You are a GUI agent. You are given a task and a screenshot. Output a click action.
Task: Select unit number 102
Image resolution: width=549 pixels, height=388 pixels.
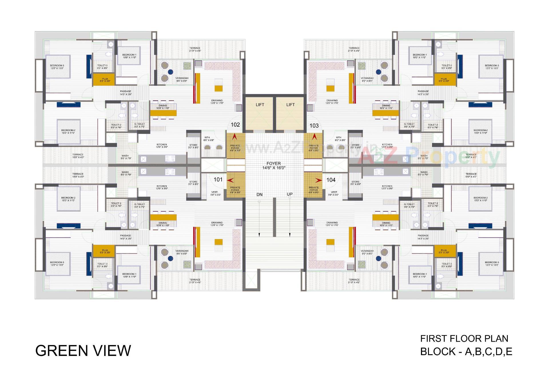(x=235, y=125)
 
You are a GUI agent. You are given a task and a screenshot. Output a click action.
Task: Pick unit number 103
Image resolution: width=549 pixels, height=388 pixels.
(x=314, y=126)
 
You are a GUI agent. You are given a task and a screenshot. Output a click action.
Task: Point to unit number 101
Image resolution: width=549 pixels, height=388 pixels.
(x=218, y=180)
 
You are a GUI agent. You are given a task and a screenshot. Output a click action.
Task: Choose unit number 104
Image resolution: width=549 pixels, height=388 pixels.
(x=331, y=180)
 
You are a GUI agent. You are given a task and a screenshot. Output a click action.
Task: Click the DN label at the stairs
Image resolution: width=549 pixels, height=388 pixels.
(x=259, y=194)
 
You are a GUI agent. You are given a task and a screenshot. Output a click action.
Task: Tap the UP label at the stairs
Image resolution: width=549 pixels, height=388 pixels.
(x=290, y=194)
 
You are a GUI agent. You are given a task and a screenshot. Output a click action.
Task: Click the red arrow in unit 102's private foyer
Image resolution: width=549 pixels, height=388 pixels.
(x=235, y=137)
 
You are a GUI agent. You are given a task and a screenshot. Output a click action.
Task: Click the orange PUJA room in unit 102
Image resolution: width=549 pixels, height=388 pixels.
(x=104, y=80)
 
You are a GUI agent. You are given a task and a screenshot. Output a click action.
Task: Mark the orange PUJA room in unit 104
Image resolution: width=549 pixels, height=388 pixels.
(x=445, y=251)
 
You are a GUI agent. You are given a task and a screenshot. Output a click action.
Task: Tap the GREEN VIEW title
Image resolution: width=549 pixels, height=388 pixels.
(x=83, y=351)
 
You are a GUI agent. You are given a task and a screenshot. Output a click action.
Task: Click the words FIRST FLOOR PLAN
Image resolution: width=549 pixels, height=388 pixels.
(x=464, y=339)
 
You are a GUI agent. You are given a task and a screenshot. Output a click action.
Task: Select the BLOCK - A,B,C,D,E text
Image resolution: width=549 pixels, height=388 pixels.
(x=466, y=351)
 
